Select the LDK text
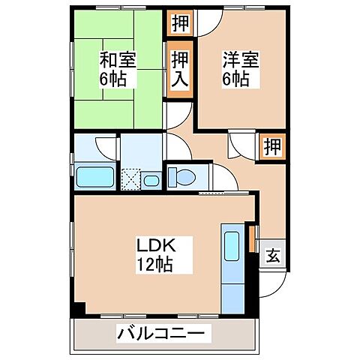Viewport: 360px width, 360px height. pos(153,245)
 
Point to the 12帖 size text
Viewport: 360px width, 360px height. pos(153,264)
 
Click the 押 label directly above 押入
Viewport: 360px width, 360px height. pos(180,22)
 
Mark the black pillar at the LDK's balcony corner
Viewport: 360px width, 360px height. pos(78,309)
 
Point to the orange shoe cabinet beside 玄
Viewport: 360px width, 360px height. pos(253,238)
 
